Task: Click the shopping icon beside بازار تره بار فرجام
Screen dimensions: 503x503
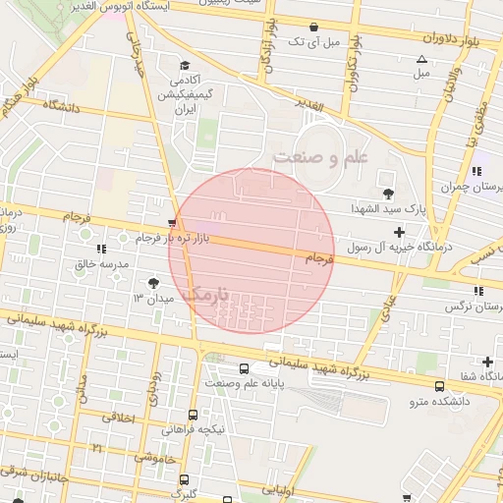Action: click(173, 223)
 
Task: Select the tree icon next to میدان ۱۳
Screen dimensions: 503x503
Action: click(151, 283)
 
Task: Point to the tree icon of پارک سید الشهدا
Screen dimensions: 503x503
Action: click(389, 194)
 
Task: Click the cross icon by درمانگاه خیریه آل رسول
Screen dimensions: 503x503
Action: click(399, 233)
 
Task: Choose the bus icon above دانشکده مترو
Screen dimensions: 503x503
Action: click(437, 387)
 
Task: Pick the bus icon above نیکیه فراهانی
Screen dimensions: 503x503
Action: click(193, 416)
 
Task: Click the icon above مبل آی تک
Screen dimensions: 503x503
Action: click(312, 27)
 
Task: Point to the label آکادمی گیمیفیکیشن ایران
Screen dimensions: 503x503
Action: click(184, 94)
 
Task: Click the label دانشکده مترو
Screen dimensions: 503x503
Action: click(439, 402)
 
